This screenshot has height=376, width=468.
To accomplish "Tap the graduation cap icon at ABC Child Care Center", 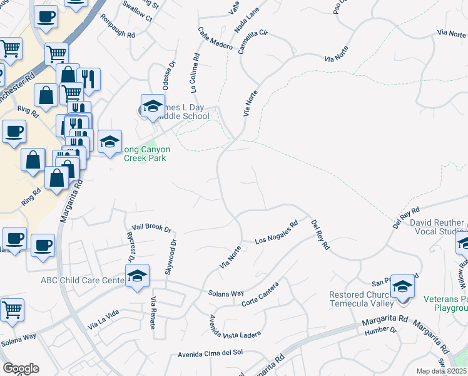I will [137, 275].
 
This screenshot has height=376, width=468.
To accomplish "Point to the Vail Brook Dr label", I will [151, 228].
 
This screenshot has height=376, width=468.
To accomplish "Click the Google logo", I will [21, 368].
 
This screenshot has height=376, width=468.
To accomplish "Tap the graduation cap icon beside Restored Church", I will [402, 286].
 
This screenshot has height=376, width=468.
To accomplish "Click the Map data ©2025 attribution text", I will [442, 371].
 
